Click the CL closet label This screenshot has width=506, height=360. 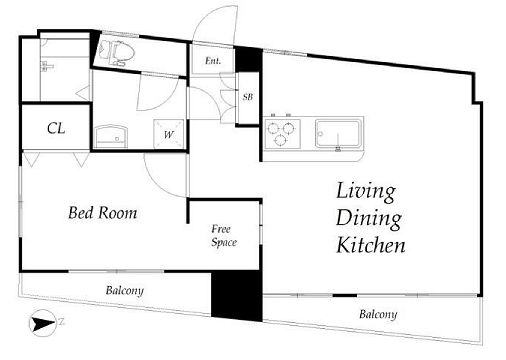[56, 128]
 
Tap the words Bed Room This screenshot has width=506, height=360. [103, 213]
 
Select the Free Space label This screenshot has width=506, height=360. [224, 236]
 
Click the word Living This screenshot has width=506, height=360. [366, 192]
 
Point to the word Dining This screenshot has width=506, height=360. [368, 219]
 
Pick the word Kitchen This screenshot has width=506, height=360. [371, 245]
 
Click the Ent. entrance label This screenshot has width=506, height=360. [213, 61]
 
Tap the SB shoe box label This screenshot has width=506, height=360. [248, 97]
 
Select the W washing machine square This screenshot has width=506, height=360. [168, 134]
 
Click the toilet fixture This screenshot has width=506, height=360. [117, 53]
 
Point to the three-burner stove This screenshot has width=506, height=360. [283, 134]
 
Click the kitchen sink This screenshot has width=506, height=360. [338, 134]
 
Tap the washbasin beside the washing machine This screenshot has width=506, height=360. [111, 137]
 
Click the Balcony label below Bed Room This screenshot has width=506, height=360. [125, 291]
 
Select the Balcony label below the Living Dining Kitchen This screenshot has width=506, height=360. [378, 314]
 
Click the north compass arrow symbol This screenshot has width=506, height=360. [43, 323]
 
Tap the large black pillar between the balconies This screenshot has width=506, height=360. [237, 296]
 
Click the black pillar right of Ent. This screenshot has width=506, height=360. [249, 60]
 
